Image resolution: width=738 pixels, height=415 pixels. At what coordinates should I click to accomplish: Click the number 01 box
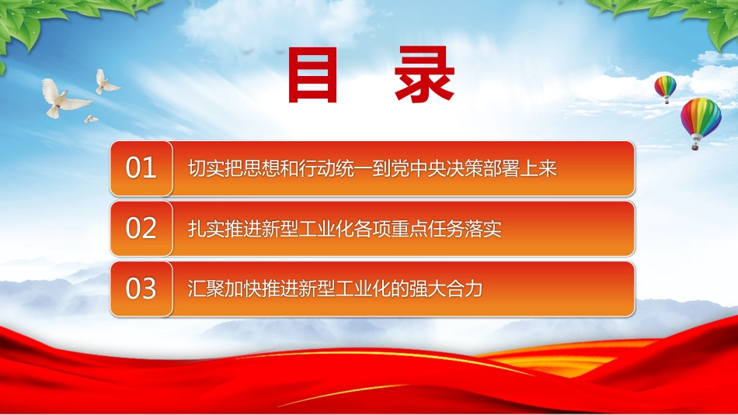coord(141,168)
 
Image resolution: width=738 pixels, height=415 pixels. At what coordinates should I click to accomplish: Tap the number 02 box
coord(141,228)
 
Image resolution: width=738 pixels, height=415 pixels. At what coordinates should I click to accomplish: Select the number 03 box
coord(141,289)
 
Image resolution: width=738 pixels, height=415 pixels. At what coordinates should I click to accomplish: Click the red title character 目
coord(312,74)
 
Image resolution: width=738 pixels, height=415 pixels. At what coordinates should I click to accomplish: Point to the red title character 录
coord(424,74)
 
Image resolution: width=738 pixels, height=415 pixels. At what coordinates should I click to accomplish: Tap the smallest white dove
coord(91,119)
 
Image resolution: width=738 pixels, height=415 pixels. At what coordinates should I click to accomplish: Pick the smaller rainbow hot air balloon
coord(665,89)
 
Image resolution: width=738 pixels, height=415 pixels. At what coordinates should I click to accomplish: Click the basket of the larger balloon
coord(695,147)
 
